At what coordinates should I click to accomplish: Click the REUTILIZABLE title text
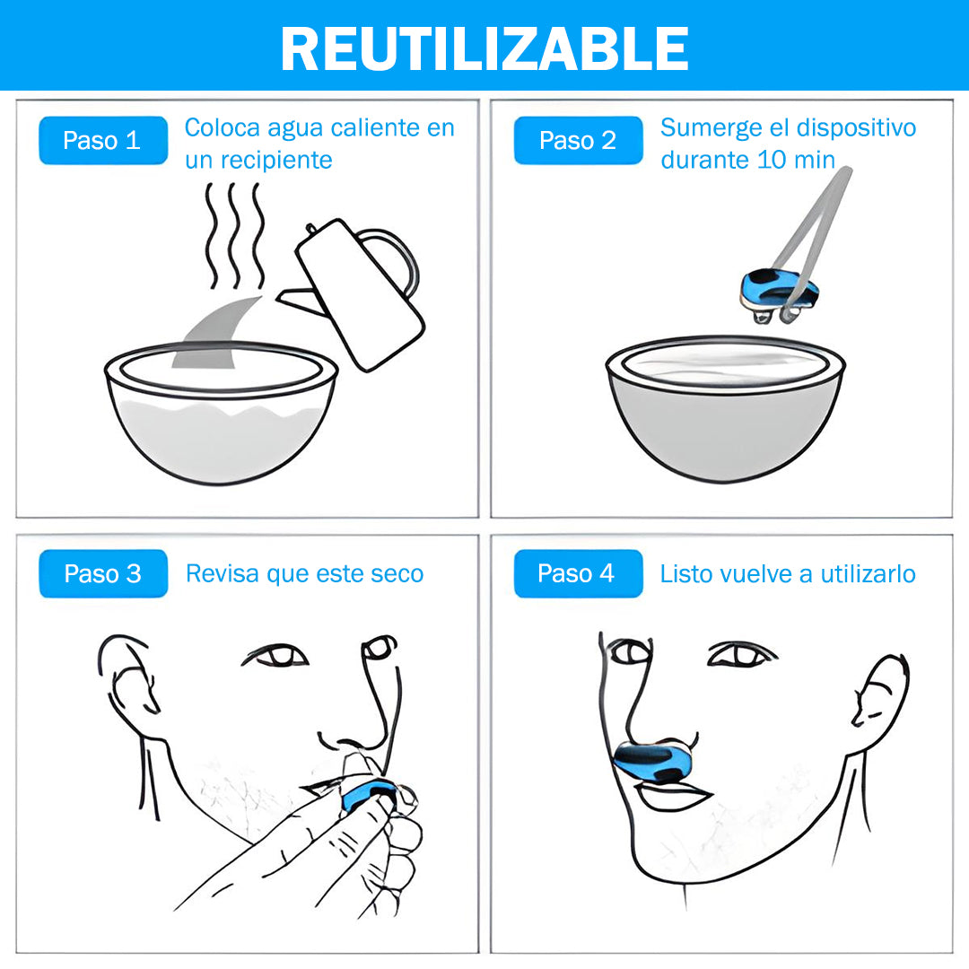(484, 48)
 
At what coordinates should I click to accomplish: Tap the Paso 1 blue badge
(103, 140)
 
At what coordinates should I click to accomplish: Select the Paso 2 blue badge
(578, 140)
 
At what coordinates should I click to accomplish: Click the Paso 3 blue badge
(103, 573)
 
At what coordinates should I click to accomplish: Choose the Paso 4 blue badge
(578, 573)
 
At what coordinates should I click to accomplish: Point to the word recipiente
(277, 161)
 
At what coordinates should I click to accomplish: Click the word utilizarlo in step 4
(868, 574)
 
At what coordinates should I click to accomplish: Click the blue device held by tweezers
(779, 292)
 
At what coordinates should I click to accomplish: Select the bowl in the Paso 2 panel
(725, 408)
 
